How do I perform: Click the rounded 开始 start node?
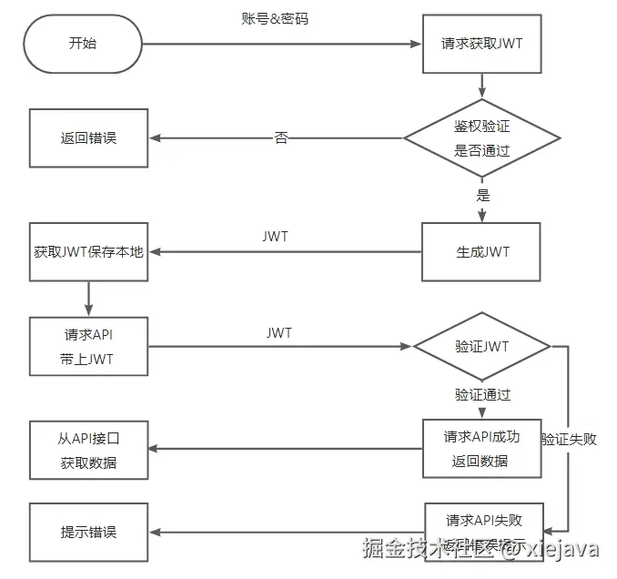tap(83, 44)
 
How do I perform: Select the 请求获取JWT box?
tap(481, 44)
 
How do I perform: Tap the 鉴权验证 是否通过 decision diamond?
tap(481, 138)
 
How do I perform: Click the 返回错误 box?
tap(88, 138)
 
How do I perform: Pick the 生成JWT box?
tap(481, 252)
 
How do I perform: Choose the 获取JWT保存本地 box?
tap(88, 252)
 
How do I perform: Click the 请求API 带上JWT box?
tap(88, 347)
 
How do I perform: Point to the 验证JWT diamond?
tap(481, 347)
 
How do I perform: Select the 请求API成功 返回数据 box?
tap(481, 448)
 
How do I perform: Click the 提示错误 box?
tap(88, 532)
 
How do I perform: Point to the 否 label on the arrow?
tap(281, 138)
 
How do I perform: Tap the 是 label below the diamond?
tap(482, 195)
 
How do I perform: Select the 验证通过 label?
tap(482, 395)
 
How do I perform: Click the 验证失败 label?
tap(569, 439)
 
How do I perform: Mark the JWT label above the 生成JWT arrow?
tap(275, 236)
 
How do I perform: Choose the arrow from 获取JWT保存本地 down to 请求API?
tap(88, 297)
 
